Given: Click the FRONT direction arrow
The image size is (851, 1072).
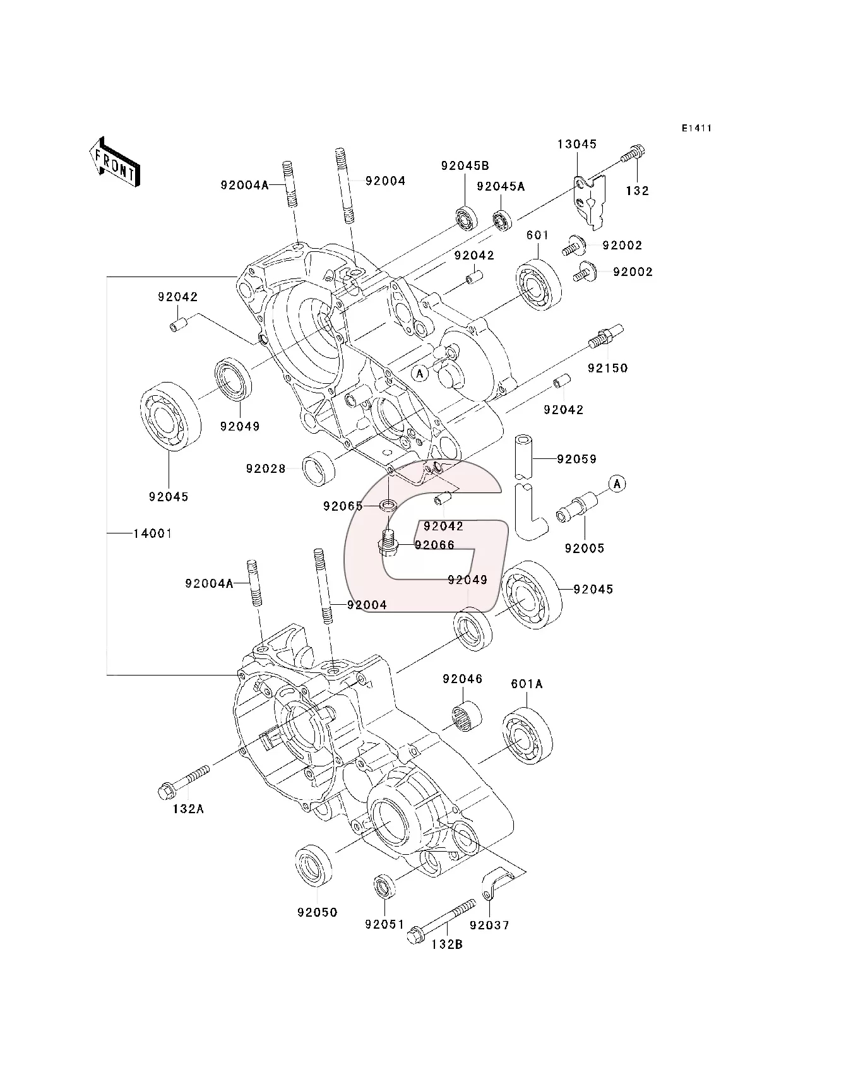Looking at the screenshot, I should coord(114,162).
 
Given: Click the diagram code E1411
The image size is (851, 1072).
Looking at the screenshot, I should coord(696,128).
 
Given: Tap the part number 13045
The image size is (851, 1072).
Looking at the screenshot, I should coord(576,144).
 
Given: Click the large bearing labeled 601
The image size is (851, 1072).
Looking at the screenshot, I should coord(538,285).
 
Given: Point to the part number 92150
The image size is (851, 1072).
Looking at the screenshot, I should coord(607,368).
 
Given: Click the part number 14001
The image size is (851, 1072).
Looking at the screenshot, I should coord(152,533).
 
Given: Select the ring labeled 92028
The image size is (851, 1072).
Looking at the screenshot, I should coord(319,468).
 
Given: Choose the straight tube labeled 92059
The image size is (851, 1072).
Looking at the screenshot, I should coord(524,456).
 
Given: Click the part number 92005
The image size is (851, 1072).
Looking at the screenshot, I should coord(584,548).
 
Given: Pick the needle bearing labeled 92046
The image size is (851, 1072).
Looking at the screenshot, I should coord(467,715).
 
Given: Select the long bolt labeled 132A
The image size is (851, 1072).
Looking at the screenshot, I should coord(183,780).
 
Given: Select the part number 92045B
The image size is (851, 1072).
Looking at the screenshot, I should coord(465,166).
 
